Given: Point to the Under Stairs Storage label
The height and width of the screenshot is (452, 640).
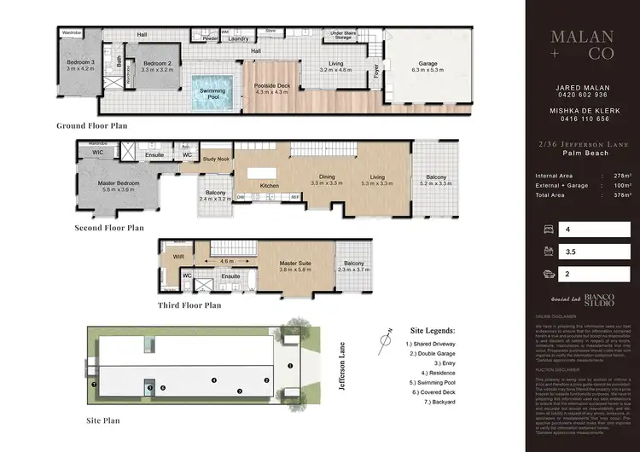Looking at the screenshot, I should click(x=342, y=35).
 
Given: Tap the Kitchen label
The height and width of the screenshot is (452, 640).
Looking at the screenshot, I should click(x=270, y=185).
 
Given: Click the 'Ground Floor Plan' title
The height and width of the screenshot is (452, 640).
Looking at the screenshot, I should click(x=92, y=125).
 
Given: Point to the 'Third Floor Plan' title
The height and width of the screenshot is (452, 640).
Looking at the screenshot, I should click(x=189, y=304).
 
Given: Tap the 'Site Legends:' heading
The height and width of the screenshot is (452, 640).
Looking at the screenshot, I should click(x=433, y=329).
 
